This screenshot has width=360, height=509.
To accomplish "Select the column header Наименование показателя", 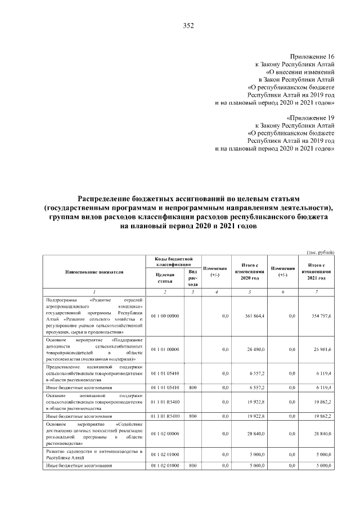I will point(93,272).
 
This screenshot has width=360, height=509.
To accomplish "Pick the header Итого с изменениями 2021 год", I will point(318,272).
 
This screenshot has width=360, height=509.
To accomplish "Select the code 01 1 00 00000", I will point(165,316).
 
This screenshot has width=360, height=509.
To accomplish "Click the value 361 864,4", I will point(251,316).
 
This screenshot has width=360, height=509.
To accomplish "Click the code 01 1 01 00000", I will point(165,349).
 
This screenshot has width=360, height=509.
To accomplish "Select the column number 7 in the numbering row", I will point(318,291).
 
